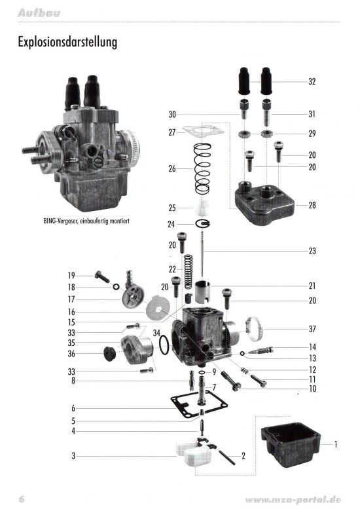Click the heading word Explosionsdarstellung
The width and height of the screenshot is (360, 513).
(67, 42)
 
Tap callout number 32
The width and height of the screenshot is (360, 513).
(312, 81)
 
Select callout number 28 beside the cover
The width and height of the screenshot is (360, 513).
(312, 205)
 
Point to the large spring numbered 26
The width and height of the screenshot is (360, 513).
(203, 168)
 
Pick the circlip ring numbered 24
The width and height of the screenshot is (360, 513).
(203, 224)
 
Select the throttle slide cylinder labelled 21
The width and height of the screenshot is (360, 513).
(202, 291)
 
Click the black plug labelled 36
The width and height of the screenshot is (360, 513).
(109, 354)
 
